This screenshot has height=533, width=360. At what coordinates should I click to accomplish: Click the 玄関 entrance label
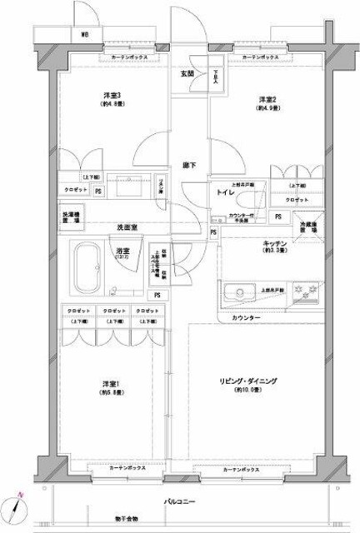coord(187,73)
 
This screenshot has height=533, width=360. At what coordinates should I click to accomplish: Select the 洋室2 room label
coord(266,99)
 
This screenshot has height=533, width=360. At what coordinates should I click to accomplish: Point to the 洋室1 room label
coord(110,384)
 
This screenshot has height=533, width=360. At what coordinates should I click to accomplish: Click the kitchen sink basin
coord(240,292)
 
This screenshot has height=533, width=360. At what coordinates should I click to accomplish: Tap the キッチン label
coord(275,243)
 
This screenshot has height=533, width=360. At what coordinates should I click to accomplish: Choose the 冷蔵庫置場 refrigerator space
coord(309,224)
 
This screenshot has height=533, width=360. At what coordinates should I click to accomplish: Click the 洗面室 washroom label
coord(127,227)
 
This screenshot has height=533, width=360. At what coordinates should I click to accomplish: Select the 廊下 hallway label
coord(189,164)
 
